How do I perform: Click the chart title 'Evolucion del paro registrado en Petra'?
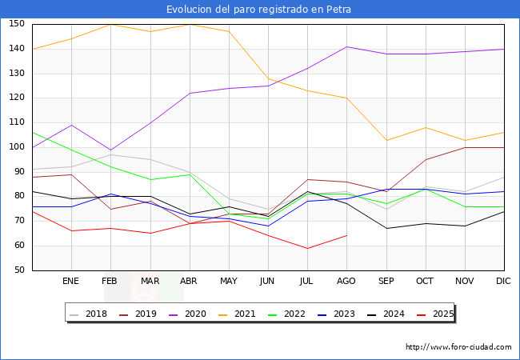(x=258, y=10)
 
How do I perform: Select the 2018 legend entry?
(x=88, y=314)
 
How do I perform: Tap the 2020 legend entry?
(x=187, y=314)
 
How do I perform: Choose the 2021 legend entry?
(x=237, y=314)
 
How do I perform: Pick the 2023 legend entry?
(x=336, y=314)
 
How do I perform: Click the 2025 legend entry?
(x=435, y=314)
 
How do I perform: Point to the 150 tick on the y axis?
(x=17, y=24)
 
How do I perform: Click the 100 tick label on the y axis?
(x=17, y=147)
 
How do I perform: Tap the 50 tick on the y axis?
(x=19, y=270)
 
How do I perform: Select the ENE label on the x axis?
(x=70, y=281)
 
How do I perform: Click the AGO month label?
(x=346, y=281)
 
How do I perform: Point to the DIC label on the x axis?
(x=503, y=281)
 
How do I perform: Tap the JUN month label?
(x=267, y=281)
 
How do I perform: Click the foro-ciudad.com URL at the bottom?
(x=458, y=347)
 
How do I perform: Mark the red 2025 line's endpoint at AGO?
(x=347, y=236)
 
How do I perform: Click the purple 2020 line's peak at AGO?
(x=347, y=46)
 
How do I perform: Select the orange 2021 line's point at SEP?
(x=386, y=140)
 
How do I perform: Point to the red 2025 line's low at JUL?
(x=308, y=248)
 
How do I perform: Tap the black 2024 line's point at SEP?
(x=386, y=228)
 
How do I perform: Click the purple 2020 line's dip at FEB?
(x=110, y=150)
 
